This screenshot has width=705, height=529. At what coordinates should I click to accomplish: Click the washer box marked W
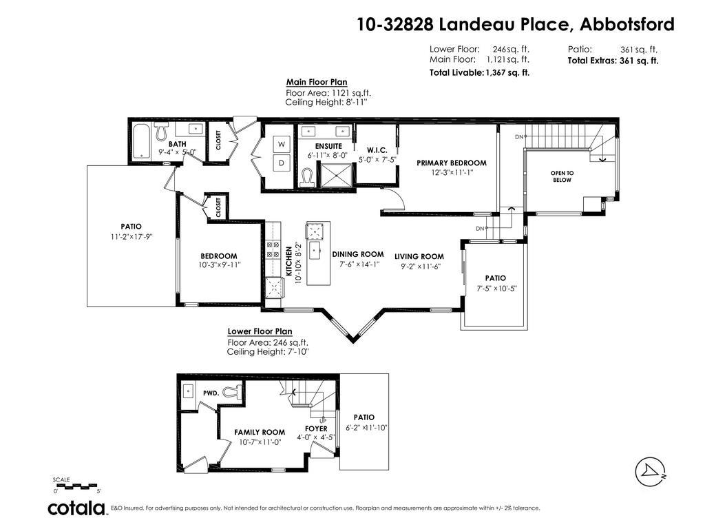coord(282,144)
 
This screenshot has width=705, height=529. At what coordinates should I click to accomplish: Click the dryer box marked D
coord(282,163)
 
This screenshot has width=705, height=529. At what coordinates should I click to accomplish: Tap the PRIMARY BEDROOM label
coord(451,163)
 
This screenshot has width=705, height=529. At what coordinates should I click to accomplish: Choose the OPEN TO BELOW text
coord(561,176)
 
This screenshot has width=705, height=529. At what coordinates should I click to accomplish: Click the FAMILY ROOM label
coord(260,433)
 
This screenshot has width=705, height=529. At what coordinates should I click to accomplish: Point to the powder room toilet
coord(233,392)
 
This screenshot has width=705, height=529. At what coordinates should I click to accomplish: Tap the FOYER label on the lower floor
coord(317,428)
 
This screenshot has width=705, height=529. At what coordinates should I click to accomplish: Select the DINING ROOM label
coord(357,254)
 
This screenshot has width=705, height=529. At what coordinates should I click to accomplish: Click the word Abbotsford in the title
coord(627,25)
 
